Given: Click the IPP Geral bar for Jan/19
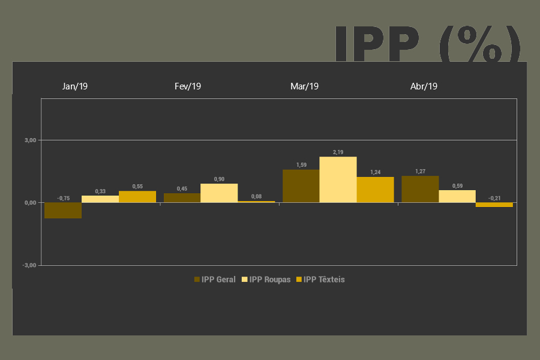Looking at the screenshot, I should click(x=63, y=210).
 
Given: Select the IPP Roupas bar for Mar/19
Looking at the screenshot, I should click(x=338, y=179).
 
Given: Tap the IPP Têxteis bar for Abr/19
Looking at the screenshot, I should click(x=494, y=205).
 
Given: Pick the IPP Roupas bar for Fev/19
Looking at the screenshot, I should click(x=219, y=193).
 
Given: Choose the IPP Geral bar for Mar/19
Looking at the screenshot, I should click(x=301, y=185).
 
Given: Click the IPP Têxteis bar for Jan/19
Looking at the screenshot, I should click(x=137, y=196).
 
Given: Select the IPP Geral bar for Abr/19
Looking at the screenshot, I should click(x=419, y=189).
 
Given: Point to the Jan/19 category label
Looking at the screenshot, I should click(x=75, y=86).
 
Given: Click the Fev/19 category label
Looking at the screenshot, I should click(x=188, y=86).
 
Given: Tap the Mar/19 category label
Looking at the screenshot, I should click(x=304, y=86).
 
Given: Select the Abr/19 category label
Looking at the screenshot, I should click(x=424, y=86).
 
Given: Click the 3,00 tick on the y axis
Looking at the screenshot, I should click(x=31, y=140).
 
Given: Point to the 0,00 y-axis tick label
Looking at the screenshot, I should click(x=31, y=203).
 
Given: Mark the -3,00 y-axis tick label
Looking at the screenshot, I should click(x=29, y=265).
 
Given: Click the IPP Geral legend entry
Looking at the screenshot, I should click(x=215, y=279).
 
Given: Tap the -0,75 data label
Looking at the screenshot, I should click(x=63, y=198).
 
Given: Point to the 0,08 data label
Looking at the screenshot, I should click(x=256, y=196).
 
